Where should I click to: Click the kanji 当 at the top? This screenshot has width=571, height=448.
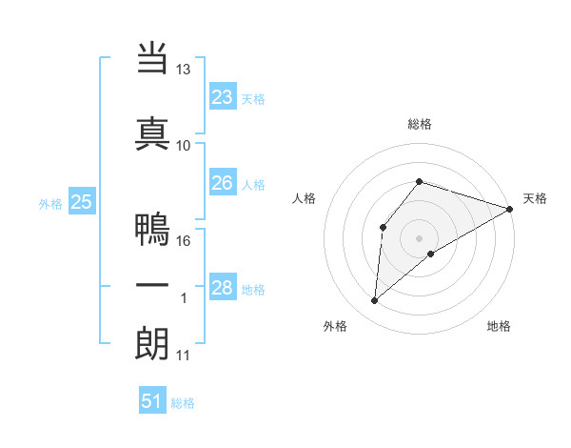(x=151, y=59)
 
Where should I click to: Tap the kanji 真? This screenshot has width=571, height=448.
(x=151, y=132)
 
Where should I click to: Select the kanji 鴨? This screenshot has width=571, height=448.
(x=151, y=230)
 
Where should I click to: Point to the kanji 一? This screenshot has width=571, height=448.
(x=151, y=286)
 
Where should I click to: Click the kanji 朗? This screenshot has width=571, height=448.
(x=151, y=343)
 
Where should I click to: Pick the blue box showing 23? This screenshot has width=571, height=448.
(x=223, y=97)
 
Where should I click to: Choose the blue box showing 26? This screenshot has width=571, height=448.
(x=223, y=183)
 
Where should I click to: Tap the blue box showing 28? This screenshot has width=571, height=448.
(x=223, y=288)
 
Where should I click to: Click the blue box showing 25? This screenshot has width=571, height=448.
(x=81, y=202)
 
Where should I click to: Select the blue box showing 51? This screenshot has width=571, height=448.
(x=152, y=401)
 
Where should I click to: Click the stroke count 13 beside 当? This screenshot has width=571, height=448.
(x=184, y=70)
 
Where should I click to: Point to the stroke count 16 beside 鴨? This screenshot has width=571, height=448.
(x=184, y=241)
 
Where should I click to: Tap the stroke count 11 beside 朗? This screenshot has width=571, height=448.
(x=184, y=356)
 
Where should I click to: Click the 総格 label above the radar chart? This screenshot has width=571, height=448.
(x=419, y=124)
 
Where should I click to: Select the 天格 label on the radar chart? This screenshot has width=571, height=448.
(x=535, y=198)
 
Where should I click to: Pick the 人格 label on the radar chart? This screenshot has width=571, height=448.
(x=304, y=198)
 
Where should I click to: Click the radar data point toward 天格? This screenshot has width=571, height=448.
(x=510, y=209)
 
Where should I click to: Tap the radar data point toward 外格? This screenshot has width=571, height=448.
(x=374, y=301)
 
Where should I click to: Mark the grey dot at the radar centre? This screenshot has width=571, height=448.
(x=419, y=237)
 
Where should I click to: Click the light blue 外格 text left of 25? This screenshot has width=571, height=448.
(x=50, y=203)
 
